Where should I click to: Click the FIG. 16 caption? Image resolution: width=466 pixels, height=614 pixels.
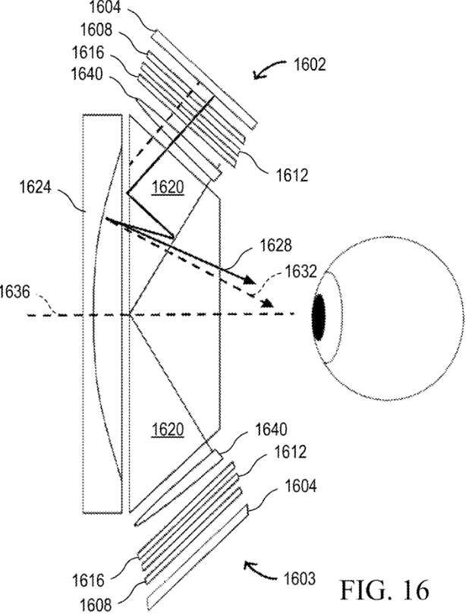click(385, 590)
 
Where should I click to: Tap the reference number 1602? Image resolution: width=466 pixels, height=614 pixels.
click(310, 65)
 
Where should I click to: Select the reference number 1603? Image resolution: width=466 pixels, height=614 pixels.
click(299, 578)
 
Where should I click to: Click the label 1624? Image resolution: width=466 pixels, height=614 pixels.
click(35, 187)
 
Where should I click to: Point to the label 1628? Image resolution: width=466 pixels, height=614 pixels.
click(276, 246)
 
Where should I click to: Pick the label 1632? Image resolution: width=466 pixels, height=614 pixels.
click(301, 272)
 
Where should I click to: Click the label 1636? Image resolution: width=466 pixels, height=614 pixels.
click(14, 292)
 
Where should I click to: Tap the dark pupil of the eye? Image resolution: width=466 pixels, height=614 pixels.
click(319, 316)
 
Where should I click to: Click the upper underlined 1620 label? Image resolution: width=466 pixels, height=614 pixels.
click(168, 187)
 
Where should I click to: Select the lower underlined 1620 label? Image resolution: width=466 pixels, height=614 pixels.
click(168, 430)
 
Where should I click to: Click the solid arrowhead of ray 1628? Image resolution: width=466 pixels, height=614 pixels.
click(250, 279)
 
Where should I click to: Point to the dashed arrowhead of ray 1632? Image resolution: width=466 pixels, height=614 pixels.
click(266, 303)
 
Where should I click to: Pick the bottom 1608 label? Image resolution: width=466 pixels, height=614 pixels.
click(96, 606)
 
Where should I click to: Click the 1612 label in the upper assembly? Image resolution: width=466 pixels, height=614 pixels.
click(292, 175)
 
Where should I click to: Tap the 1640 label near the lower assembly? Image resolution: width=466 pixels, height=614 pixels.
click(271, 430)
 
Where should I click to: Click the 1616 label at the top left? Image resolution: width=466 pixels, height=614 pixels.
click(88, 52)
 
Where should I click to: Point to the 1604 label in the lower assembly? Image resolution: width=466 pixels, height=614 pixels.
click(301, 486)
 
